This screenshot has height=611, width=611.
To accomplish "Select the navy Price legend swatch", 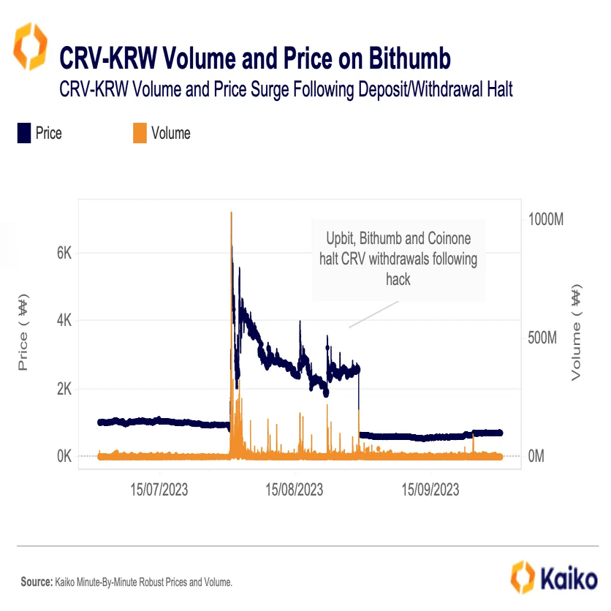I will (23, 133).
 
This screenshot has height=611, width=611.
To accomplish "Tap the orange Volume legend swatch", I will (139, 133).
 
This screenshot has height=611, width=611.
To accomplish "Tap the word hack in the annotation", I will (398, 280).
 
